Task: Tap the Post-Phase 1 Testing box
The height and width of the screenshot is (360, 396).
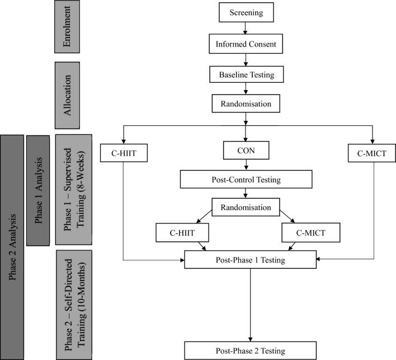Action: point(247,260)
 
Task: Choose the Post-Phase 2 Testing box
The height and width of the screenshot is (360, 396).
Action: point(247,350)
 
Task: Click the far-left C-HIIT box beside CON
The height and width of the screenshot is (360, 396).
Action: point(124,153)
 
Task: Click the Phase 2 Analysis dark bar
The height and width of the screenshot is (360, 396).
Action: point(12,246)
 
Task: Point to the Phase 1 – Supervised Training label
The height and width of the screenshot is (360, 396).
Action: point(74,189)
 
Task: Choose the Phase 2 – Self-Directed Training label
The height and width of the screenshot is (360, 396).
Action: point(74,305)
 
